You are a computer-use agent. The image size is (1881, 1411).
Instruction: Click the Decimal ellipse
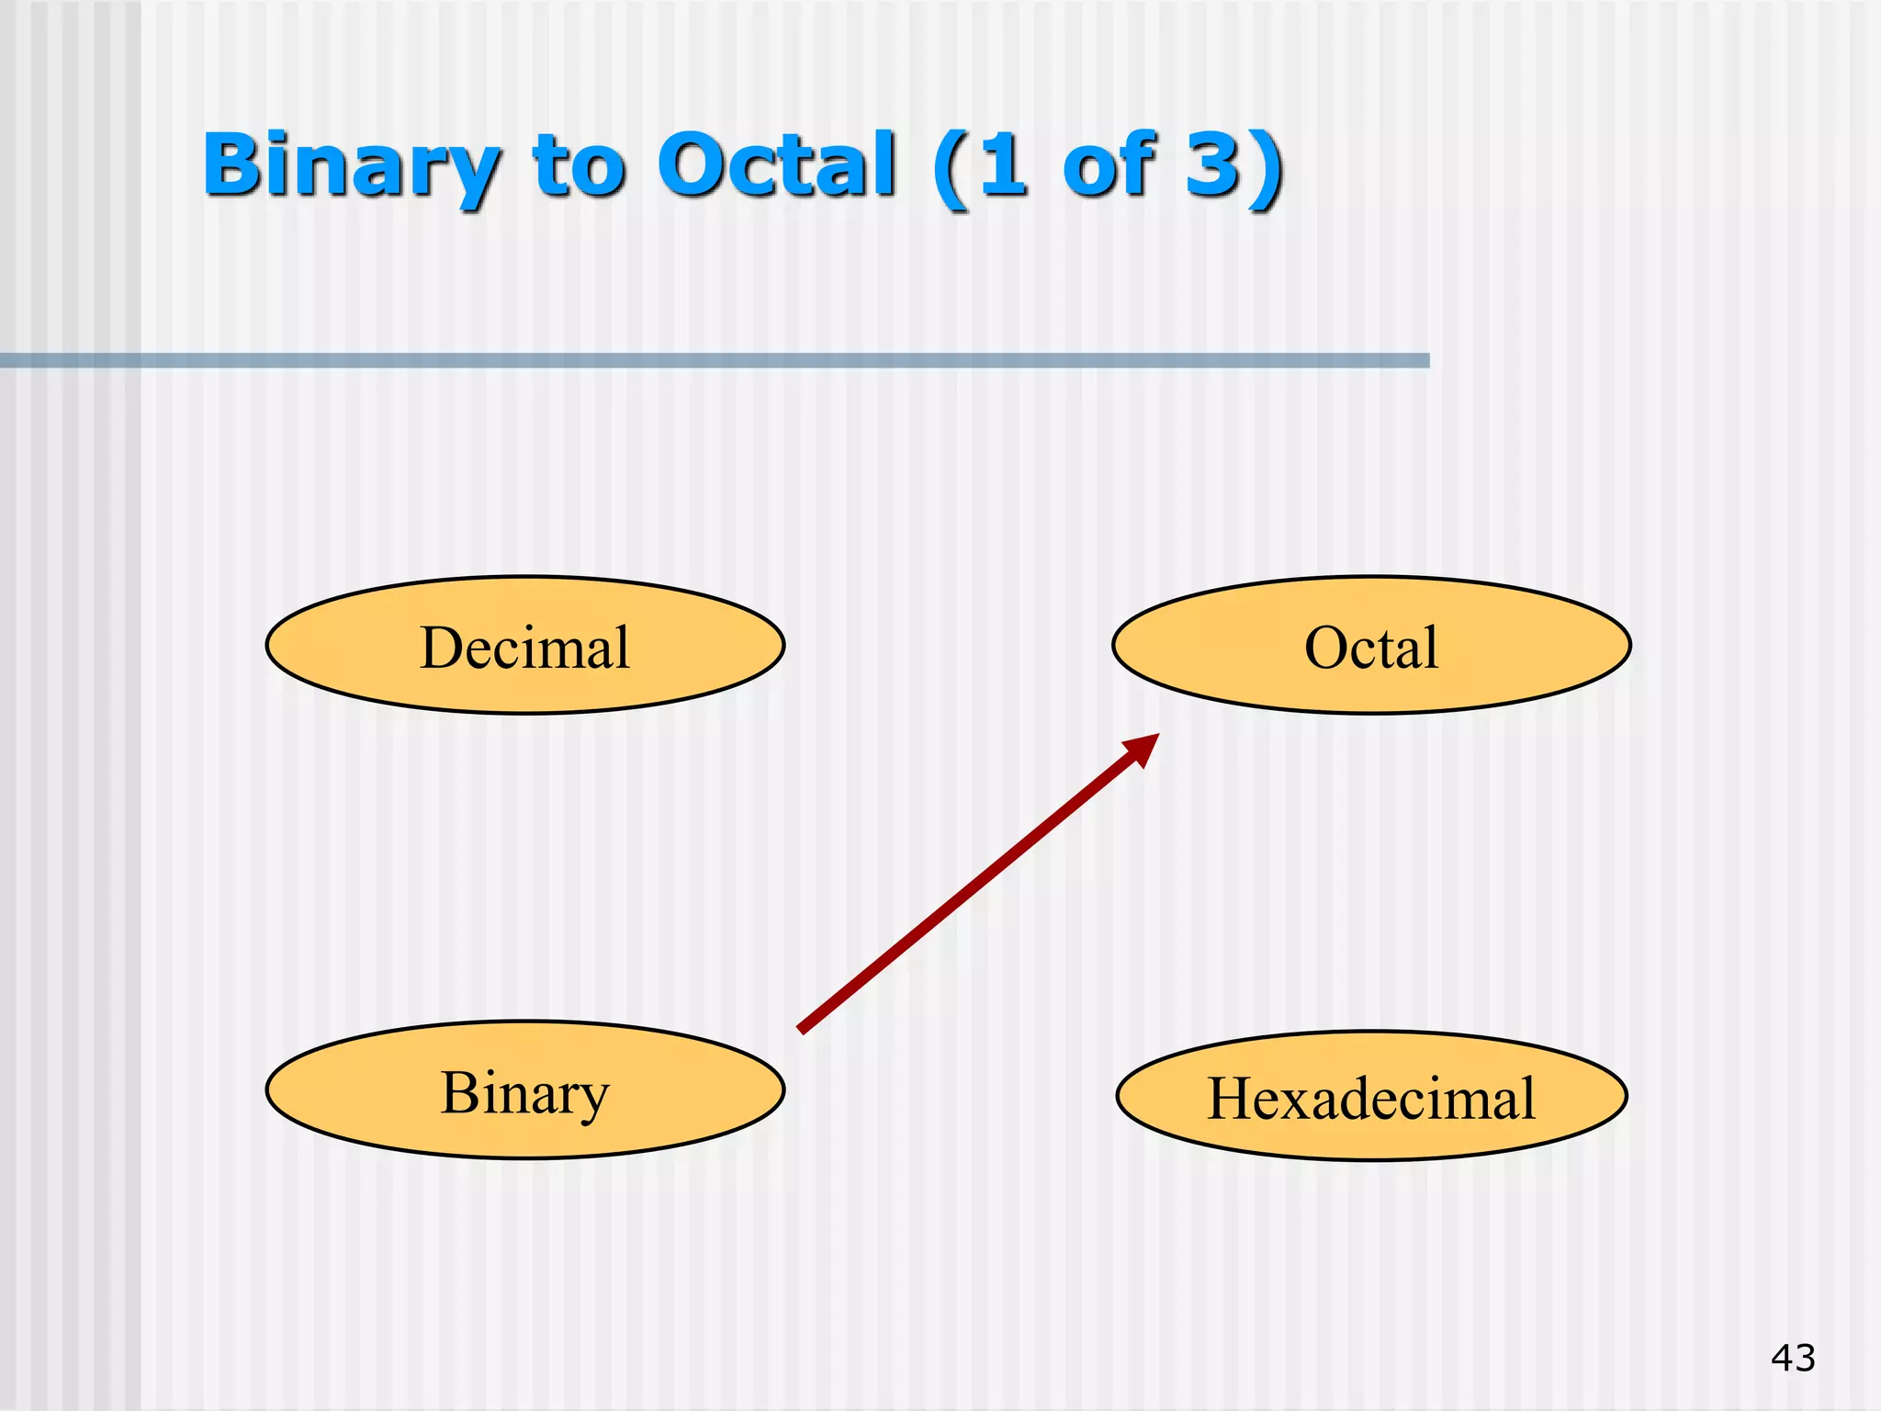[524, 645]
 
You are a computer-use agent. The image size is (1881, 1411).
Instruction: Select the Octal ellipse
[1371, 645]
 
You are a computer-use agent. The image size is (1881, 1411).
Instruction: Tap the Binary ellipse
[524, 1089]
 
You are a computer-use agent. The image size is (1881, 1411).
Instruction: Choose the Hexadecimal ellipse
[1371, 1095]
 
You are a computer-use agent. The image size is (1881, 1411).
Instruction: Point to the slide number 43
[1793, 1358]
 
